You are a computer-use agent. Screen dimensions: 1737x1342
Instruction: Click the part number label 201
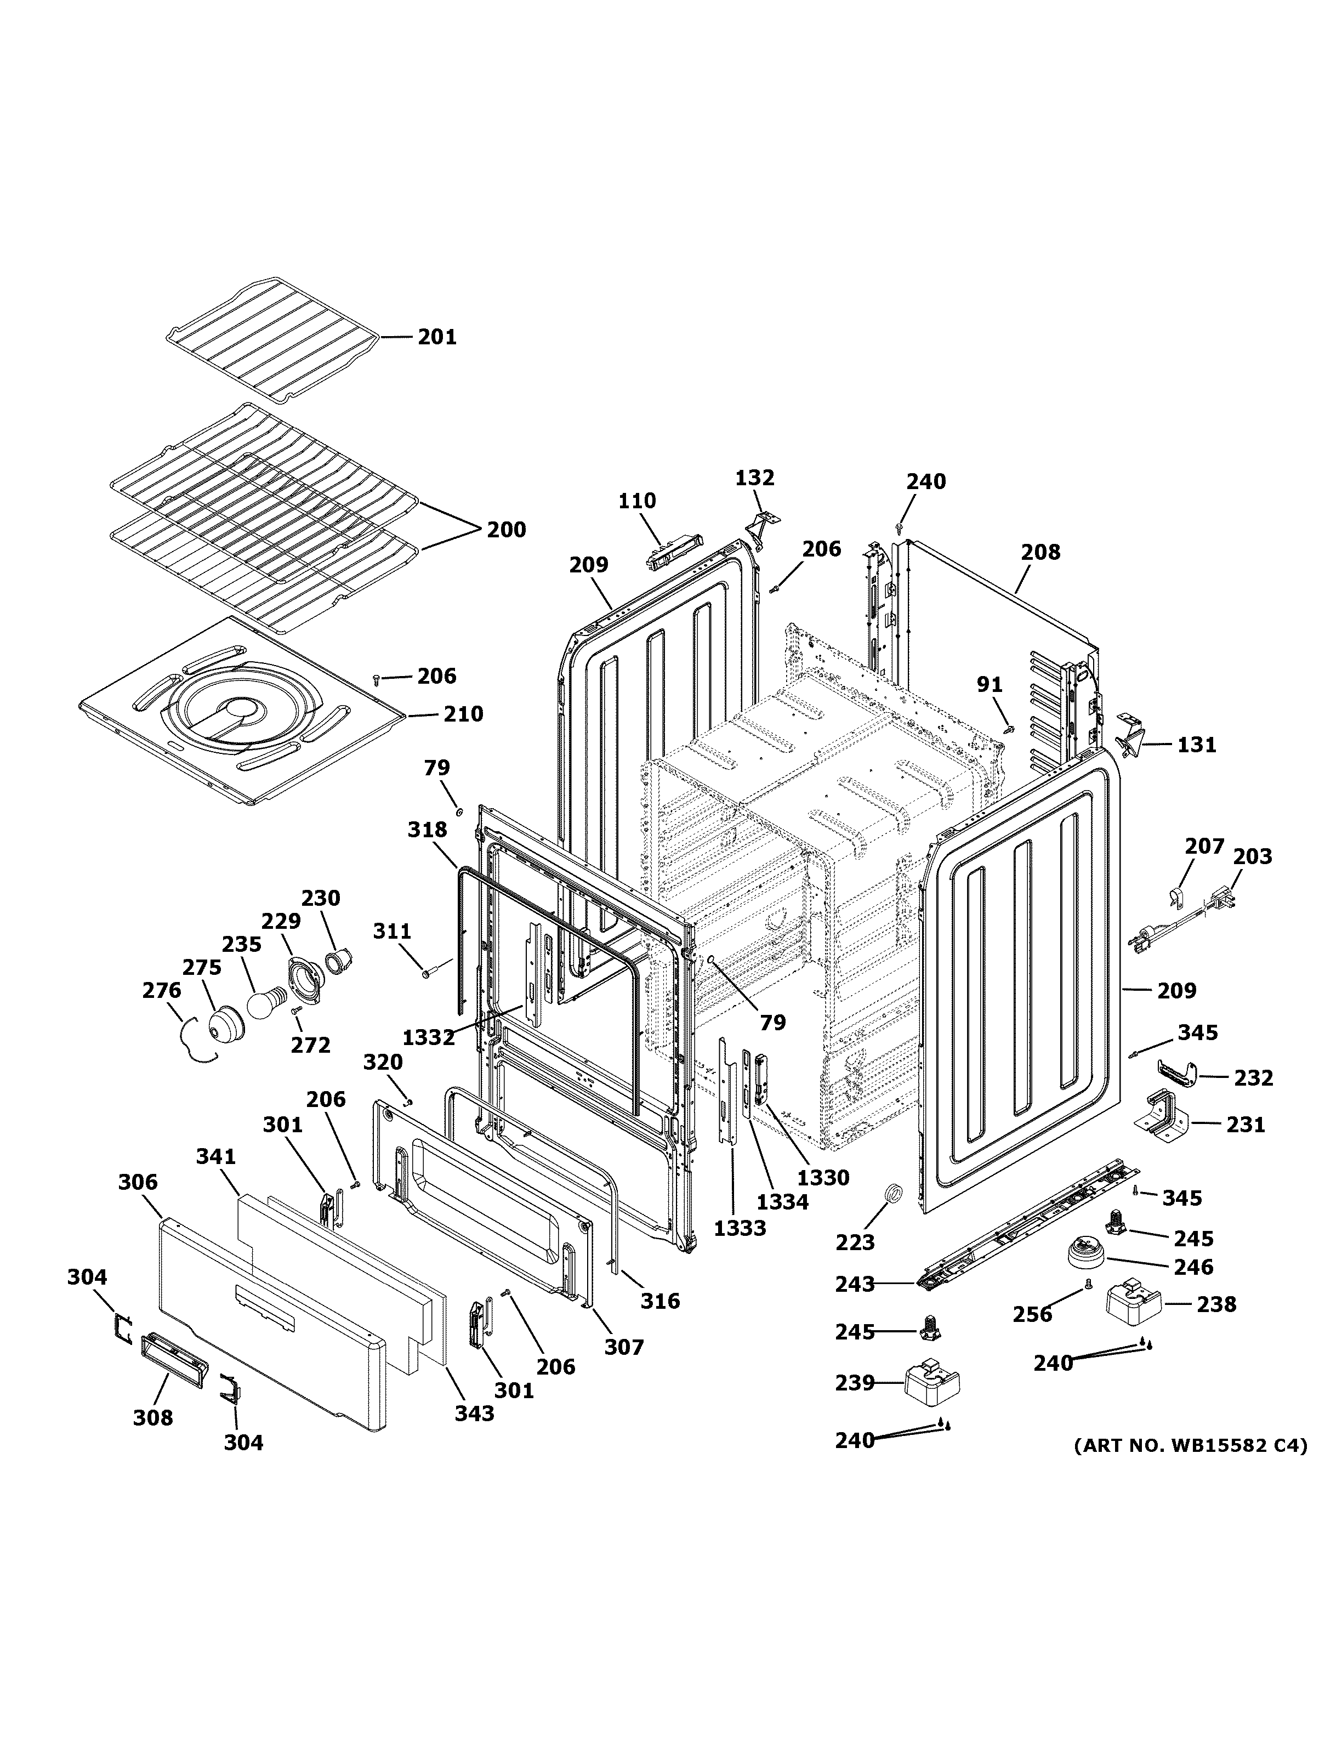click(437, 337)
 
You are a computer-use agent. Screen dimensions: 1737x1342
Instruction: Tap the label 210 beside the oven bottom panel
click(463, 714)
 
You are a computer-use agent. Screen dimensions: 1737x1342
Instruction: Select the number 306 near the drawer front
click(138, 1183)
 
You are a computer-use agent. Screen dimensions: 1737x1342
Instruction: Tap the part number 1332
click(429, 1037)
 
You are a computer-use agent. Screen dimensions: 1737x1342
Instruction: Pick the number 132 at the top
click(754, 478)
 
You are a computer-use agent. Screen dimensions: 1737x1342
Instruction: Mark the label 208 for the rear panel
click(1040, 552)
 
